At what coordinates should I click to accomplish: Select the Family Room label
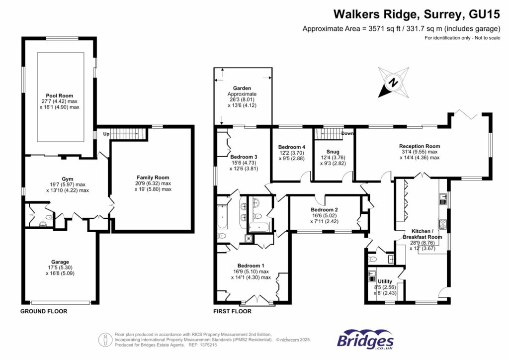pos(153,177)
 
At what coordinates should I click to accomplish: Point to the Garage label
pos(60,262)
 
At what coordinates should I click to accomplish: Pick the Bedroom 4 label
pos(292,147)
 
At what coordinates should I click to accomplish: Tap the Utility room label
pos(385,281)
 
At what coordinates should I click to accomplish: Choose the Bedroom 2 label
pos(324,210)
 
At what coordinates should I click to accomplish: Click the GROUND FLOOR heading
pos(43,311)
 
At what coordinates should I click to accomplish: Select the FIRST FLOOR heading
pos(232,311)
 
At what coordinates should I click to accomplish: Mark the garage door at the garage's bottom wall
pos(61,301)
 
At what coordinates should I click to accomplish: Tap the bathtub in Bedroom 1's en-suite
pos(222,216)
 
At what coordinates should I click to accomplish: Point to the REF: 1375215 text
pos(201,345)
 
